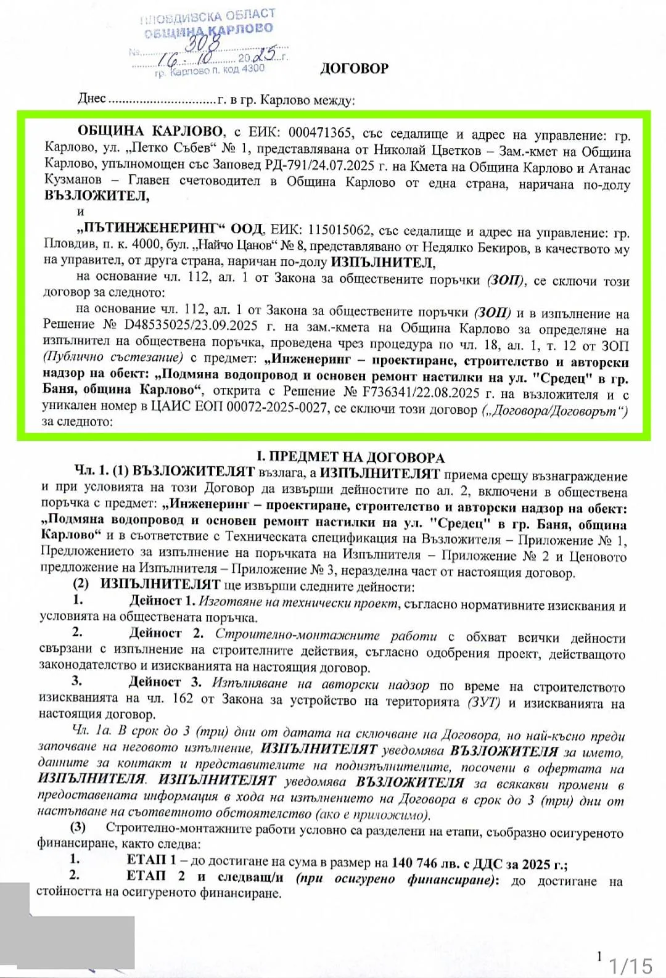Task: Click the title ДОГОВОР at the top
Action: [354, 68]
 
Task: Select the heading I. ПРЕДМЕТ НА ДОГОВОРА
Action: [350, 457]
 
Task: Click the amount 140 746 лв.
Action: [422, 863]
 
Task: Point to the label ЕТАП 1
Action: [151, 860]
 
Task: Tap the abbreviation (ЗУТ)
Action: [483, 702]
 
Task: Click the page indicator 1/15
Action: [630, 964]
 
